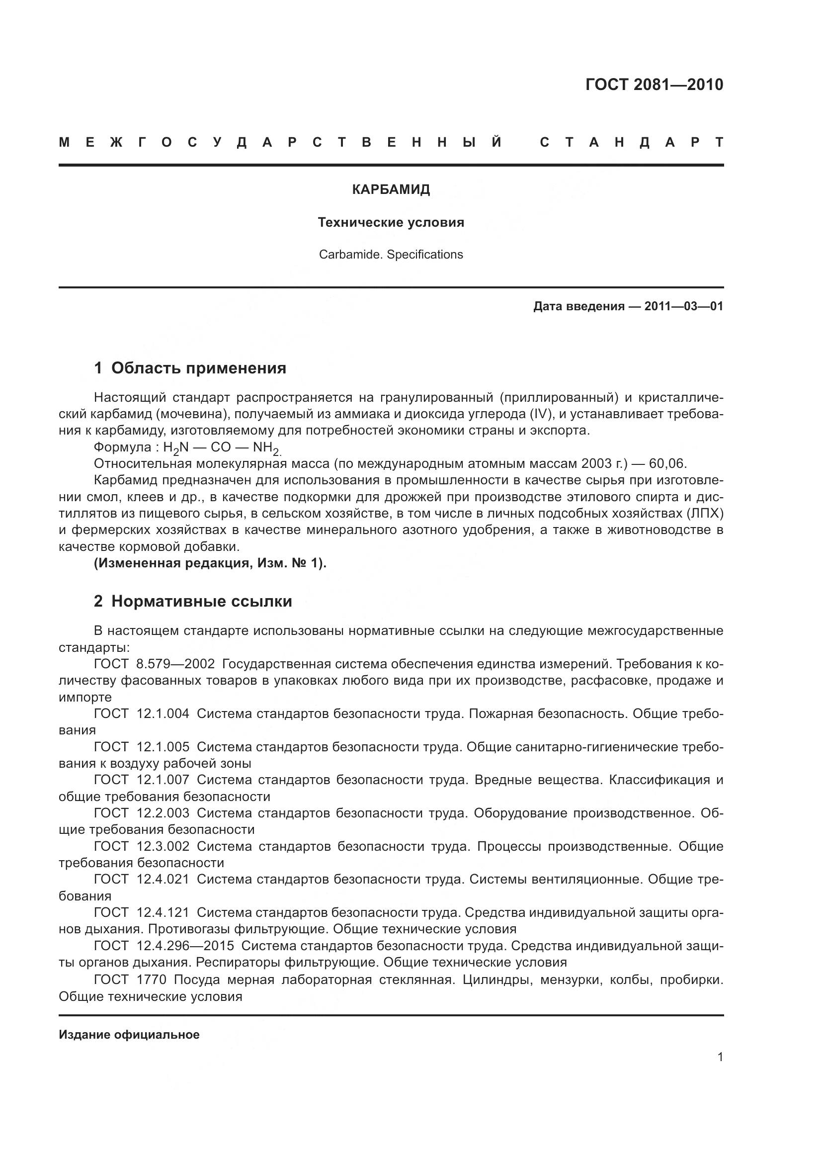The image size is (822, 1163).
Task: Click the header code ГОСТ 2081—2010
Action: click(x=654, y=85)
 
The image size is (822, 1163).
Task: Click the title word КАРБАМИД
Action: click(x=391, y=190)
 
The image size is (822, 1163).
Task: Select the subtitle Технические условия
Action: click(x=391, y=222)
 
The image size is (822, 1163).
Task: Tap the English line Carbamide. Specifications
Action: click(x=391, y=254)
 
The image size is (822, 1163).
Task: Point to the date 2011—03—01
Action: click(x=683, y=306)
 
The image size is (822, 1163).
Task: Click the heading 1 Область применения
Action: click(x=190, y=368)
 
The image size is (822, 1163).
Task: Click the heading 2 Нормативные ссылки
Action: click(x=193, y=601)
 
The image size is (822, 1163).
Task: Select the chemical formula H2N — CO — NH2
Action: click(x=222, y=448)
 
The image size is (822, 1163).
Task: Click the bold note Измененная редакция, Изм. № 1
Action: click(x=210, y=563)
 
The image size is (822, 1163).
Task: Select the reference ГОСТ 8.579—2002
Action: click(x=155, y=664)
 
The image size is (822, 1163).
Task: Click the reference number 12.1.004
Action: click(x=163, y=714)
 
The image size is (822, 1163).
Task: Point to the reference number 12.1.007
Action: click(x=163, y=780)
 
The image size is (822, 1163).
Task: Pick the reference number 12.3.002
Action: click(x=163, y=846)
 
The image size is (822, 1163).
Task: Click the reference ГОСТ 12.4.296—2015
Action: click(x=164, y=946)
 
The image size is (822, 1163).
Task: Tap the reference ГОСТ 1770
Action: click(x=130, y=979)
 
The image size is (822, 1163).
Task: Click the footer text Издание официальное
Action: click(x=129, y=1034)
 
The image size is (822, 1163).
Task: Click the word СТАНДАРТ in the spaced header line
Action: click(x=632, y=142)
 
